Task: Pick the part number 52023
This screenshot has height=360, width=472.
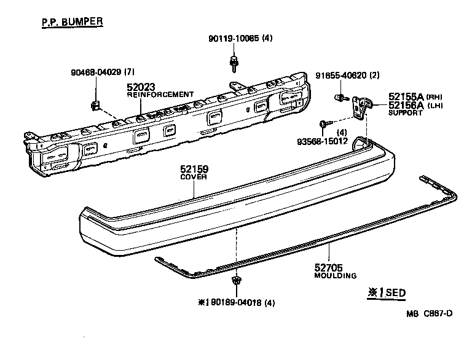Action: tap(142, 87)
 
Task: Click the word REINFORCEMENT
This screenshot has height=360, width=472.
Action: tap(160, 95)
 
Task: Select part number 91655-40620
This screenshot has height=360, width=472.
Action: tap(341, 76)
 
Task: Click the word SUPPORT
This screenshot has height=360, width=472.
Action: tap(406, 113)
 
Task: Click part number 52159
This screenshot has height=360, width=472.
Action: tap(194, 169)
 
